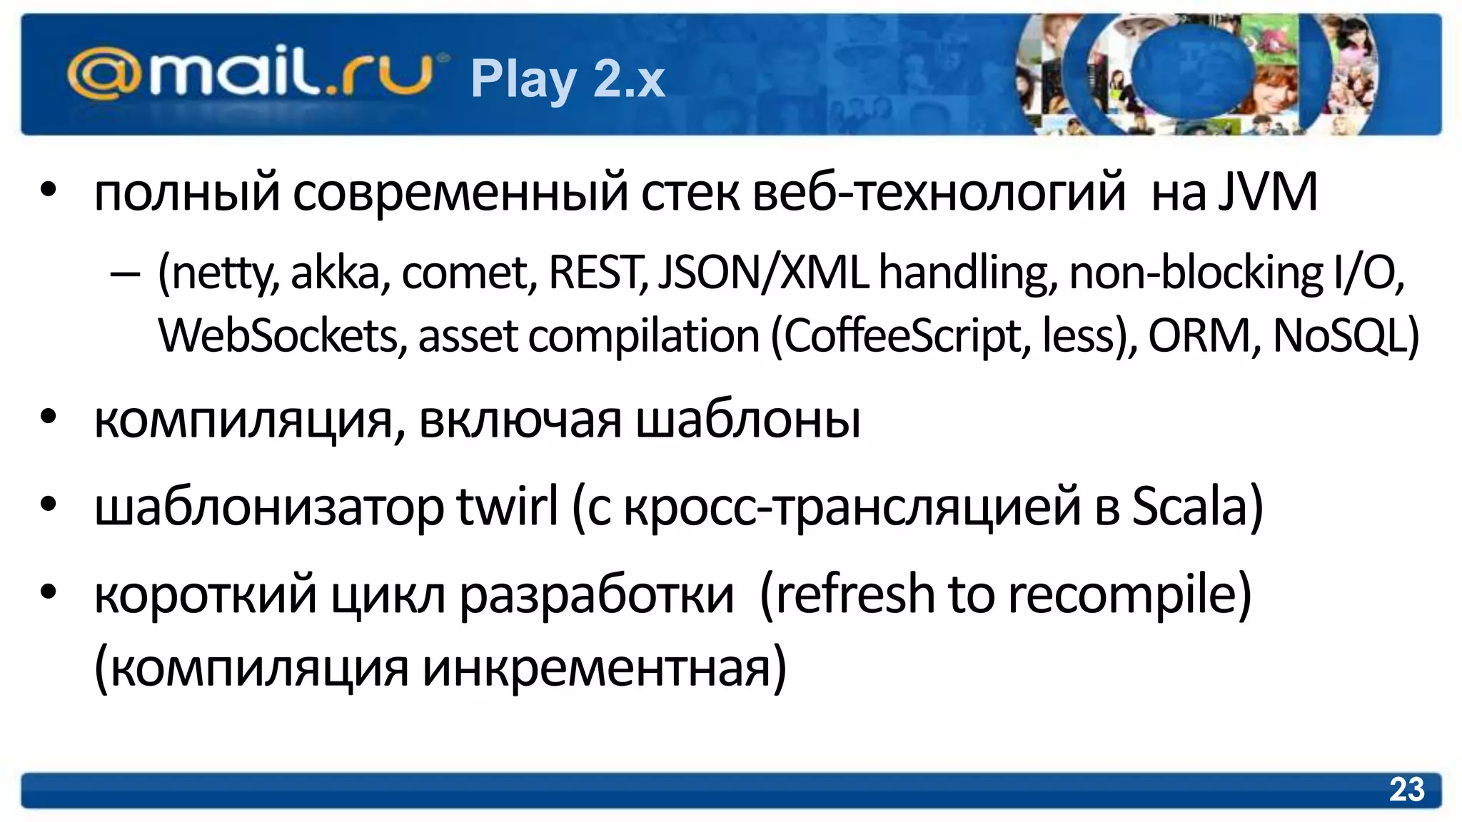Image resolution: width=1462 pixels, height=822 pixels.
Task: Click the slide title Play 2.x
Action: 568,78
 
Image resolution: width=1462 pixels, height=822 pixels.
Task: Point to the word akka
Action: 340,273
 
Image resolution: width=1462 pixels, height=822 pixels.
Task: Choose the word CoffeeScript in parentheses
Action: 907,335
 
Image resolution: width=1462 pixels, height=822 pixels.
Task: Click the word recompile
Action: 1121,594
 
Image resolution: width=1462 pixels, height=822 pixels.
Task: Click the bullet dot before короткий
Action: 48,592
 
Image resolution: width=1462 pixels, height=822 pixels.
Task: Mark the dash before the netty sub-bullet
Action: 126,274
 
